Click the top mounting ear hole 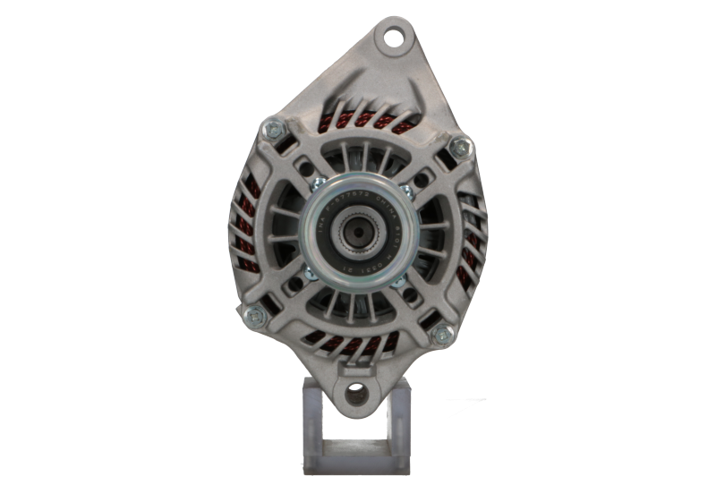(391, 37)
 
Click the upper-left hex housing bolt (269, 131)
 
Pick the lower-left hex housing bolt (252, 314)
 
